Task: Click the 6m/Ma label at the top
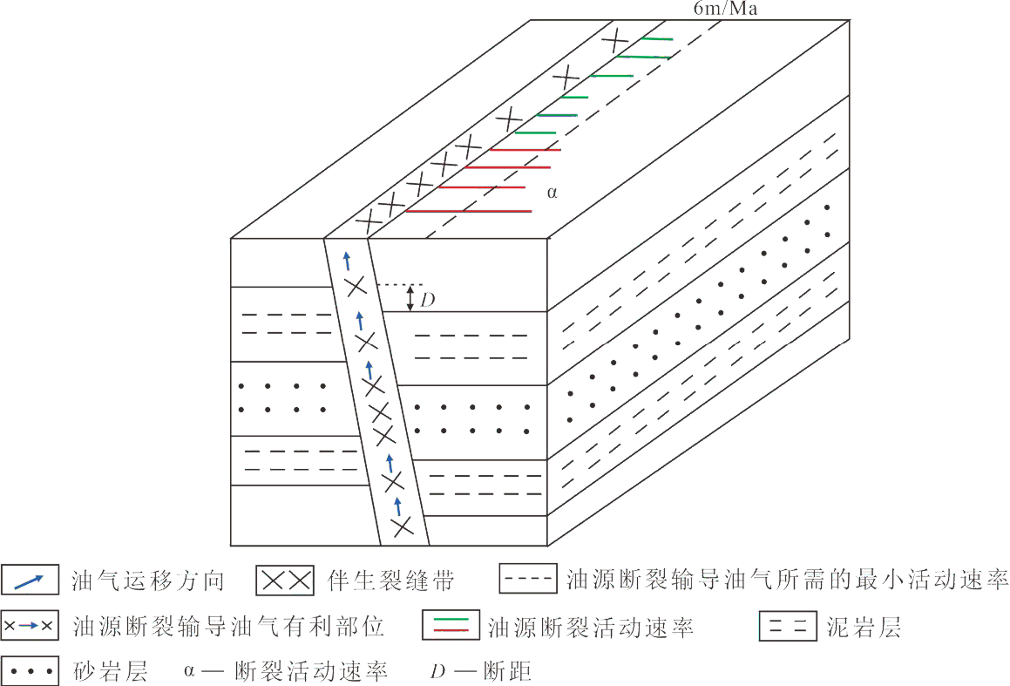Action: click(x=725, y=9)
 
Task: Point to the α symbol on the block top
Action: click(x=552, y=192)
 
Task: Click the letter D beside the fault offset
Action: click(x=428, y=300)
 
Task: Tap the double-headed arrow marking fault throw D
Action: click(x=410, y=298)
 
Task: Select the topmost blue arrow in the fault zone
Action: click(x=347, y=261)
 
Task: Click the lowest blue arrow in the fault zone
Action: click(x=397, y=506)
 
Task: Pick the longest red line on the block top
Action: click(x=469, y=211)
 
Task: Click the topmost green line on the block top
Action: click(x=656, y=39)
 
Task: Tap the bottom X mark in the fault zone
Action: click(x=403, y=527)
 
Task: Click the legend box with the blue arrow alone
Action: click(x=31, y=579)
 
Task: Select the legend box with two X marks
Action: click(x=285, y=581)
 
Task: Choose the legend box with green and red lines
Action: click(x=451, y=625)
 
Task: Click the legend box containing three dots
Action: click(x=31, y=670)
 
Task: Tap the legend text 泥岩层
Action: click(x=864, y=626)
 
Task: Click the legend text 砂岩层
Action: click(x=111, y=671)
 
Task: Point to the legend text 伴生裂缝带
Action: click(x=390, y=581)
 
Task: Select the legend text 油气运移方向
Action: click(x=148, y=581)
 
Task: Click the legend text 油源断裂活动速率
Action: click(x=590, y=627)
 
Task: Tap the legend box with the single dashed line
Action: click(x=528, y=579)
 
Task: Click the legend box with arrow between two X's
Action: click(x=30, y=626)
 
